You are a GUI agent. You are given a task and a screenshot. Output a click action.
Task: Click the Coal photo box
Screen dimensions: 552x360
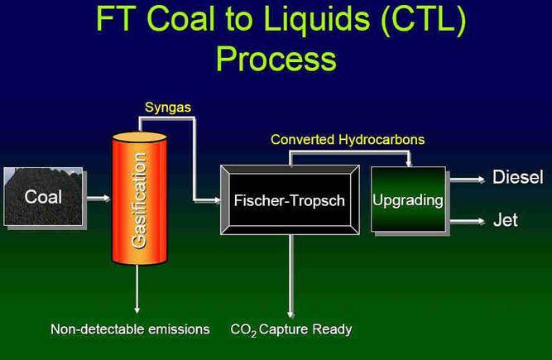click(x=43, y=197)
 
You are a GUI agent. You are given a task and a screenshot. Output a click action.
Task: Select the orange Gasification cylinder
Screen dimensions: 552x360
click(x=139, y=198)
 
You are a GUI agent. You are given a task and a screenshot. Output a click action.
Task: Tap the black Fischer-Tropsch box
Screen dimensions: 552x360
click(x=290, y=200)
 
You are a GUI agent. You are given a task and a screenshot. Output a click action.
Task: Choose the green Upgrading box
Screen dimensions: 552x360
click(x=408, y=199)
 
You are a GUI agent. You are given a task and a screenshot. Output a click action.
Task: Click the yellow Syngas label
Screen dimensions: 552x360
click(x=168, y=108)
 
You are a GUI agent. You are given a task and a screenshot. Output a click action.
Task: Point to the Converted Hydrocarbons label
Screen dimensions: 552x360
click(x=348, y=140)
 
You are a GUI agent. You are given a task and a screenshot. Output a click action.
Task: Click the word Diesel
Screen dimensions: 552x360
click(x=517, y=176)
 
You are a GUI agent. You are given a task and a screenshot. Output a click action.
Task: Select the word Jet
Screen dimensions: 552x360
click(x=506, y=220)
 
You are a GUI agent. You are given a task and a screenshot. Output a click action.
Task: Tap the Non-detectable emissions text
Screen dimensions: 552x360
click(x=130, y=329)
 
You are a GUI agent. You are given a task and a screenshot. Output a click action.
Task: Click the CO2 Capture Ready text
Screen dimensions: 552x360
click(x=291, y=329)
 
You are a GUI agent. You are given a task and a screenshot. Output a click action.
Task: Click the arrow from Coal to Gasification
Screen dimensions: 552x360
click(x=98, y=198)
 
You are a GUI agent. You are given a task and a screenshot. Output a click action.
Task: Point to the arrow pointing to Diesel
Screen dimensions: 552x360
click(x=467, y=180)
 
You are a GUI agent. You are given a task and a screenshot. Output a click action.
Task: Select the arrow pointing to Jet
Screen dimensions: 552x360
click(x=467, y=221)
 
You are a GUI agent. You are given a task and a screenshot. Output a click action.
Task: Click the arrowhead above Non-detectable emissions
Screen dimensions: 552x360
click(x=137, y=310)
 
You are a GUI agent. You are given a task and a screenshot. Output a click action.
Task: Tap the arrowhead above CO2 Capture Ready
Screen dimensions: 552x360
click(x=290, y=314)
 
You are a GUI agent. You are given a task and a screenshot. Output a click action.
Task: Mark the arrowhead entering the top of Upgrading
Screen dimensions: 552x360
click(x=408, y=163)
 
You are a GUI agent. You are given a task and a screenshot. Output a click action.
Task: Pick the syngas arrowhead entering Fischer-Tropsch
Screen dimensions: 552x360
click(x=217, y=200)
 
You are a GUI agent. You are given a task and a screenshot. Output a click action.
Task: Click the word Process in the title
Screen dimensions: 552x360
click(x=276, y=59)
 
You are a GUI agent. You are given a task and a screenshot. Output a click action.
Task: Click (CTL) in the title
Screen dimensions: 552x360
click(x=424, y=20)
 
